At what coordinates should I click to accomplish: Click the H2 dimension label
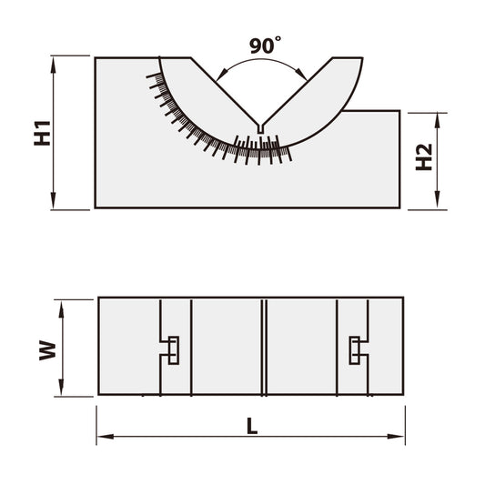(423, 159)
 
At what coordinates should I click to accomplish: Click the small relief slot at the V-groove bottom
(261, 130)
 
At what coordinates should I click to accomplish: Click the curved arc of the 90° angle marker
(261, 65)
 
